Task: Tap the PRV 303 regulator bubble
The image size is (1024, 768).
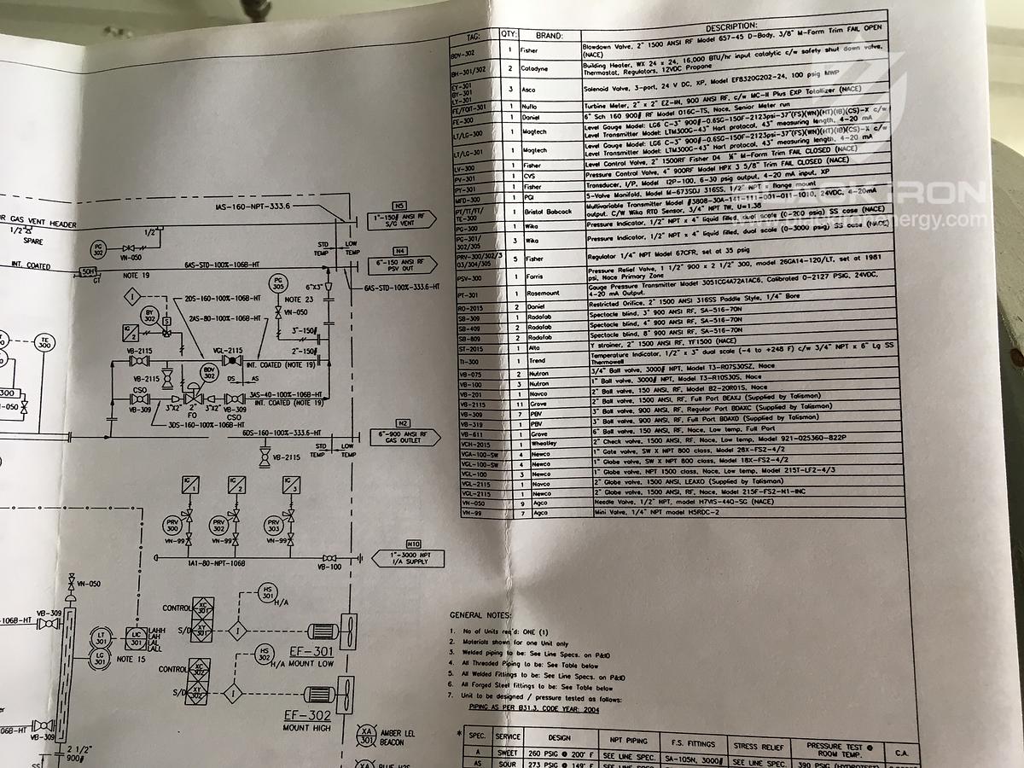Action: [274, 526]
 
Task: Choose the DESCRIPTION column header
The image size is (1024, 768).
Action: [732, 27]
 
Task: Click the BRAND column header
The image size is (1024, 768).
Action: [550, 36]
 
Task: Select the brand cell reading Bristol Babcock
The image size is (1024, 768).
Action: [547, 212]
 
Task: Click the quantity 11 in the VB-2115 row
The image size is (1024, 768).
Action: [509, 404]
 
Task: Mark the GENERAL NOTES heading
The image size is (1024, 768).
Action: [480, 614]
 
